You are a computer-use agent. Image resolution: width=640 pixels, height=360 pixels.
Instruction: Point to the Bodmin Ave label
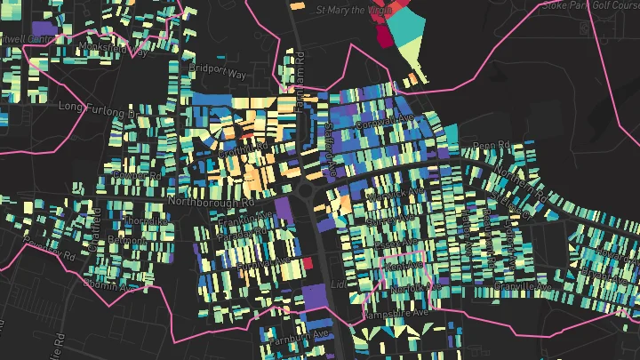tap(108, 284)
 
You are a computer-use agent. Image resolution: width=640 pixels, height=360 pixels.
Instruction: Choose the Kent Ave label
tap(404, 266)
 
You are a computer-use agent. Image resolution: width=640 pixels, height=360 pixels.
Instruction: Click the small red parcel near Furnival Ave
tap(308, 263)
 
